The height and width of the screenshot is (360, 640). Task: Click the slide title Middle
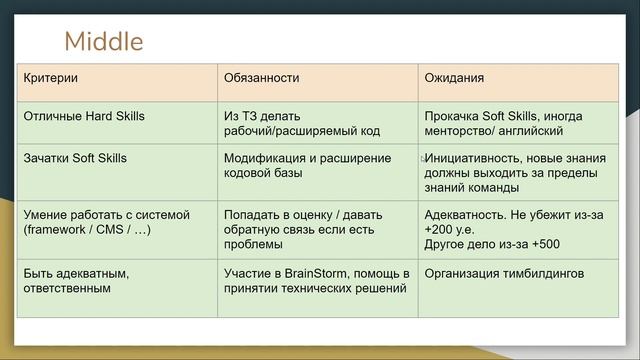(103, 41)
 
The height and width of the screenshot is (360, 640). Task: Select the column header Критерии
(51, 77)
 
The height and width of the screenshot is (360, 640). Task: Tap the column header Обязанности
(262, 77)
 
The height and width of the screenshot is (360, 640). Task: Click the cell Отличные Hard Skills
(84, 116)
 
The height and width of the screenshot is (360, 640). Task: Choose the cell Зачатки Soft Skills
(75, 158)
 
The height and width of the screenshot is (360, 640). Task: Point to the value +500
(536, 244)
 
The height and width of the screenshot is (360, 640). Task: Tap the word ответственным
(67, 288)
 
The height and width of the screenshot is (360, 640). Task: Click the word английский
(530, 131)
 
